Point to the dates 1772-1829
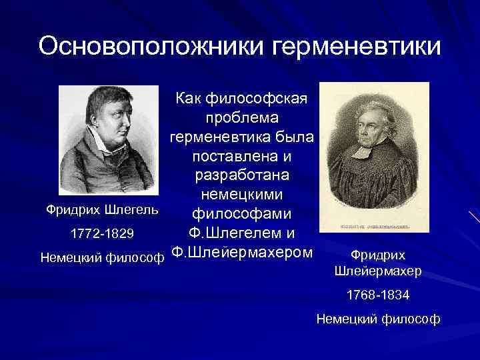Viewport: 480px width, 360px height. (x=103, y=234)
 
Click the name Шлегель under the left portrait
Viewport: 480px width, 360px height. (x=133, y=211)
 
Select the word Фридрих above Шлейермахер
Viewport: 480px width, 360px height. (x=377, y=255)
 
